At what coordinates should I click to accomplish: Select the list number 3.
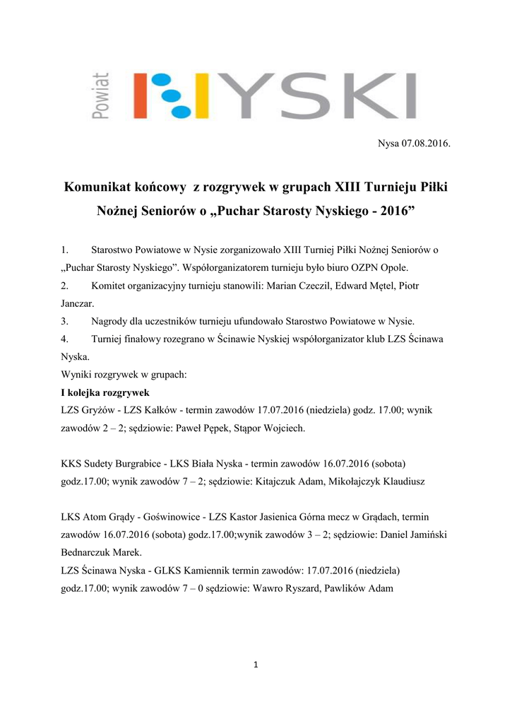[x=65, y=321]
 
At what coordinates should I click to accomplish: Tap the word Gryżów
[x=99, y=410]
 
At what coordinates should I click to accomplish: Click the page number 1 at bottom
[x=256, y=665]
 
